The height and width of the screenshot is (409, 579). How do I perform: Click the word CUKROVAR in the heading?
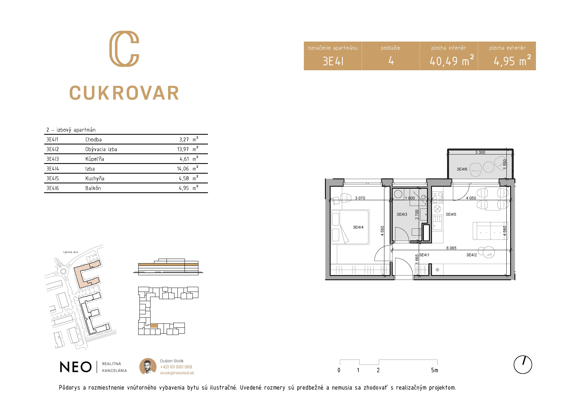124,93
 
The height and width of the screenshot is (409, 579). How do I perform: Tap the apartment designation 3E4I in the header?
333,61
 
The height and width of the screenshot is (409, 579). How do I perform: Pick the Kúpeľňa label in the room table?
95,159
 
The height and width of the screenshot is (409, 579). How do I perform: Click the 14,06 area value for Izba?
183,169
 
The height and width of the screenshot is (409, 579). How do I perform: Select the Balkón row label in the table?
93,188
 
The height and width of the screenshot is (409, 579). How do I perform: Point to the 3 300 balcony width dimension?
480,152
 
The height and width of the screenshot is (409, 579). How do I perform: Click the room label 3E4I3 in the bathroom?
402,214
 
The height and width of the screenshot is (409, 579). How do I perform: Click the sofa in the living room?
490,231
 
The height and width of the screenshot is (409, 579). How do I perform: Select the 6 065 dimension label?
451,248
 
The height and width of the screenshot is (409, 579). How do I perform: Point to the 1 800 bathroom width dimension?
410,198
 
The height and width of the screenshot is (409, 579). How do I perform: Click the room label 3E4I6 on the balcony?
462,169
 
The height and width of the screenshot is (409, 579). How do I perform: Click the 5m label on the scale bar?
435,370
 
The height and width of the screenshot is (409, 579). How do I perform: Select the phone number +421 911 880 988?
176,367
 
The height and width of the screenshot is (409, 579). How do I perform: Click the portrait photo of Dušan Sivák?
148,366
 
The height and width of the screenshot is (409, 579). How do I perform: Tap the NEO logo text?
76,367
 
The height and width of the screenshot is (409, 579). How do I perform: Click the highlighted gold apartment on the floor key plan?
154,326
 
